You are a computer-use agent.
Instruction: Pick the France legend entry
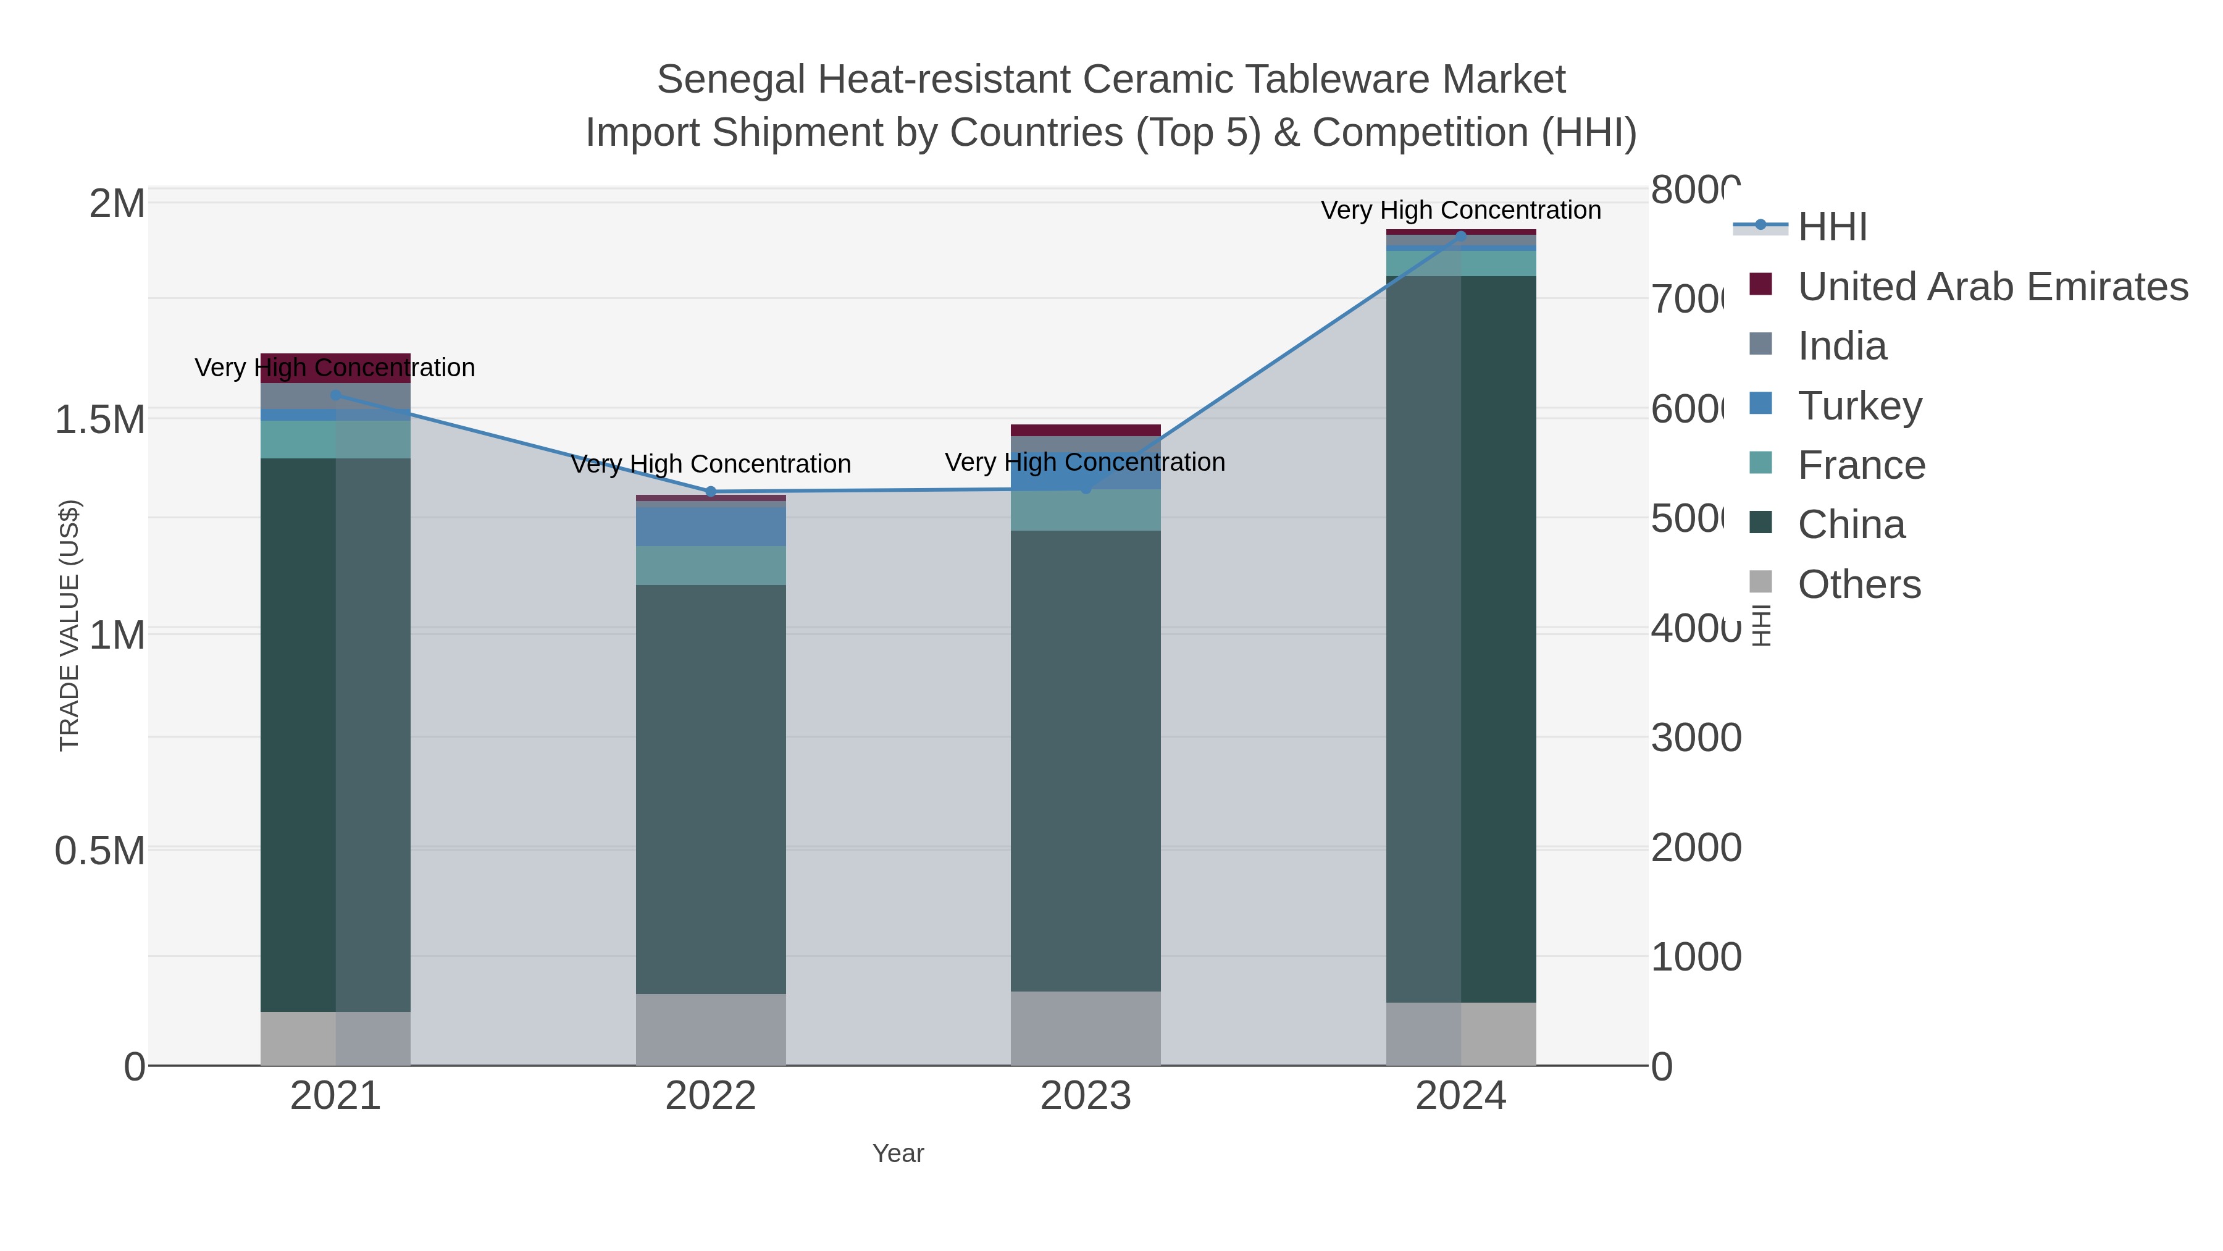[1861, 465]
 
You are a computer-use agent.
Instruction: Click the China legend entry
[1851, 525]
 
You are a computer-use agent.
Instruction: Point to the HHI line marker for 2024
[1461, 236]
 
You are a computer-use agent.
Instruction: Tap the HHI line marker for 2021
[336, 395]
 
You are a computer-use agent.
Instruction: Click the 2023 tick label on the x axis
[1085, 1097]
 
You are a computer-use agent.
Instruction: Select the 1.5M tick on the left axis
[99, 419]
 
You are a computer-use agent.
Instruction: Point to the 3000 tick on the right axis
[1695, 738]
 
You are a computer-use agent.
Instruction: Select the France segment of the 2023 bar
[1085, 510]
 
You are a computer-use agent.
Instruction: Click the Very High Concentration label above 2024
[1460, 210]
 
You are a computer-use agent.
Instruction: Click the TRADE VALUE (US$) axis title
[69, 626]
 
